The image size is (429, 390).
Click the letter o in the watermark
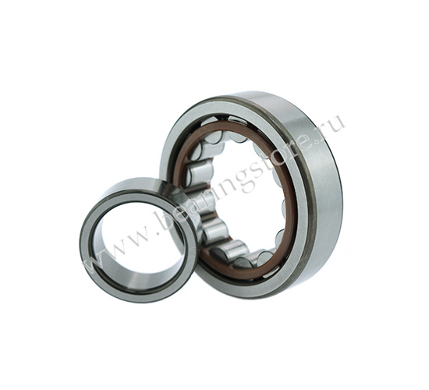(x=281, y=154)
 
